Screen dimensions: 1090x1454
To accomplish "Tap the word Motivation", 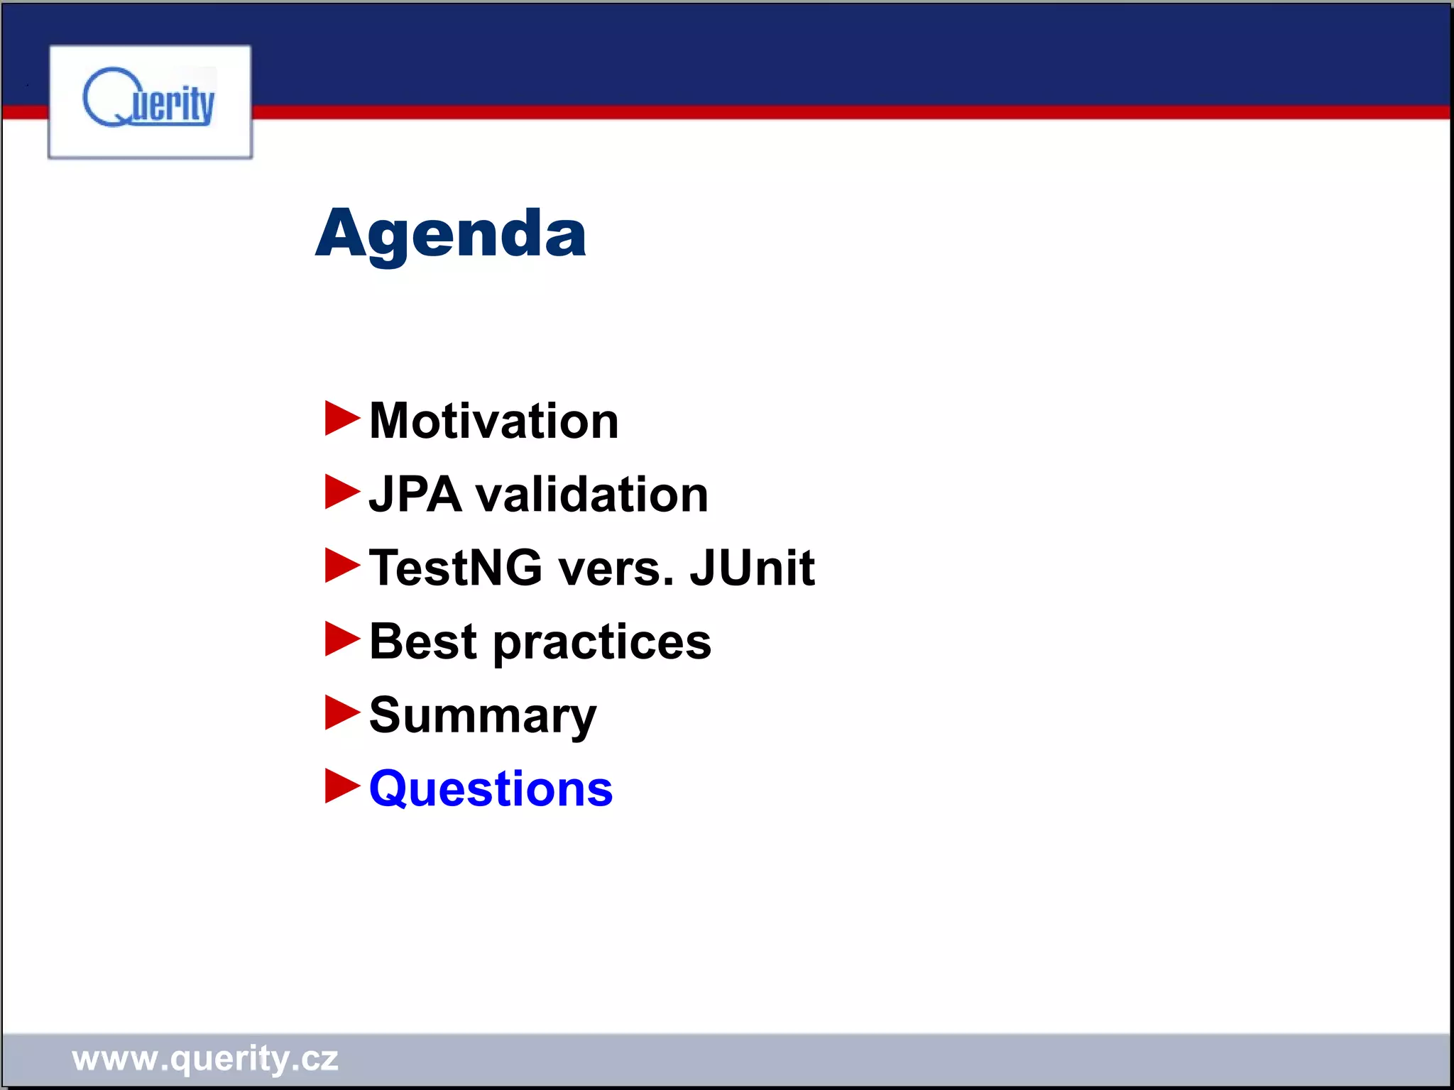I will click(x=493, y=421).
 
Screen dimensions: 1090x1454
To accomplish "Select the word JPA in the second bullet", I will click(x=415, y=495).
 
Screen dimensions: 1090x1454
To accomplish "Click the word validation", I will click(x=591, y=495).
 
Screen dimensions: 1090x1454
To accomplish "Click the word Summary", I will click(x=483, y=717).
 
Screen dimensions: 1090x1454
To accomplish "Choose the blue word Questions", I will click(x=491, y=789).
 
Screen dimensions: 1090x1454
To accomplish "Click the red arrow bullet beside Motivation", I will click(x=341, y=418).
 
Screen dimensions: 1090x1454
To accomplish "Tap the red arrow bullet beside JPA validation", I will click(x=341, y=492).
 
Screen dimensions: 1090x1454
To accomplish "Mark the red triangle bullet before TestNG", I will click(x=341, y=566).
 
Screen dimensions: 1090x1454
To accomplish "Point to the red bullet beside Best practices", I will click(x=341, y=639).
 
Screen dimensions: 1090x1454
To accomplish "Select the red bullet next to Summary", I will click(x=341, y=712).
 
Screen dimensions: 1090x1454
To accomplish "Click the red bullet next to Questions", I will click(x=341, y=786).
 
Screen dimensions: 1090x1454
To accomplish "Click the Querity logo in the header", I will click(x=150, y=101).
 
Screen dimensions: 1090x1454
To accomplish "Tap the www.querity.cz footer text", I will click(x=204, y=1058).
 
